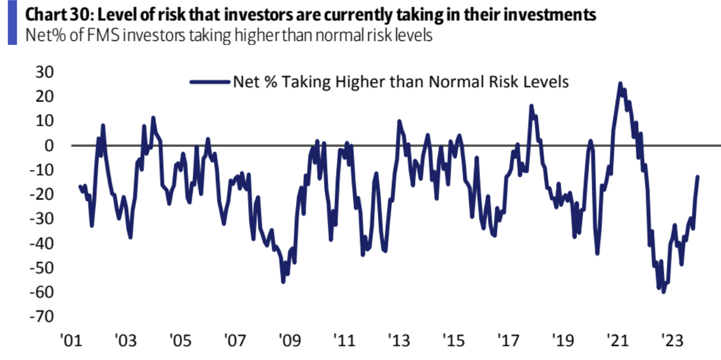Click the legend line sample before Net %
click(210, 82)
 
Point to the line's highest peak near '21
click(620, 84)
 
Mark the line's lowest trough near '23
click(663, 292)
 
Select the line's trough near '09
click(283, 281)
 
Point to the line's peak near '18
click(531, 105)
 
